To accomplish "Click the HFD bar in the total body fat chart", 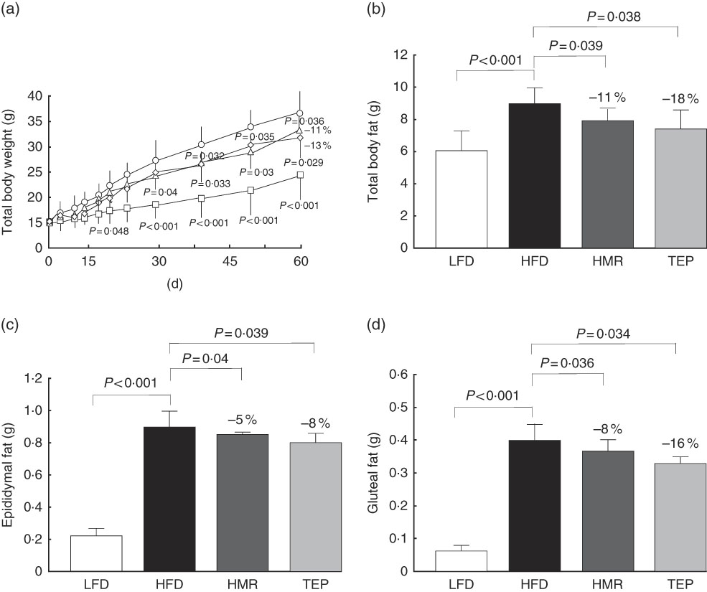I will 534,176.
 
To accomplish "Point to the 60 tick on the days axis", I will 300,260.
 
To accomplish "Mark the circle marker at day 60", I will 300,113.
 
